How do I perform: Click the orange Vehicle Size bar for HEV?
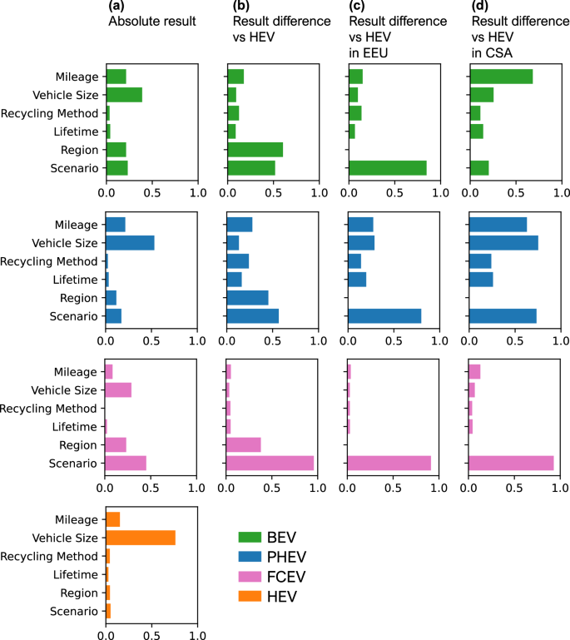(x=141, y=538)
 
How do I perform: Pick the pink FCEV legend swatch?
(x=250, y=574)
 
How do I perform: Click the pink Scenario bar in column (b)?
(x=270, y=463)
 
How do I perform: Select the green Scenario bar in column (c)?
(x=388, y=168)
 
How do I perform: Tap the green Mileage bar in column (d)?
(x=501, y=77)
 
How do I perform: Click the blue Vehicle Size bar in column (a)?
(x=130, y=243)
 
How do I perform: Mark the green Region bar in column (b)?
(x=255, y=150)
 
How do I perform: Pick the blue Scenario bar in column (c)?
(x=384, y=316)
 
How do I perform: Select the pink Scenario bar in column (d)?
(x=511, y=463)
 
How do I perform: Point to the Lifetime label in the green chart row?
(x=77, y=131)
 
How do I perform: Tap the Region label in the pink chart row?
(x=80, y=445)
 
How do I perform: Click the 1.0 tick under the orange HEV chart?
(x=197, y=633)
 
